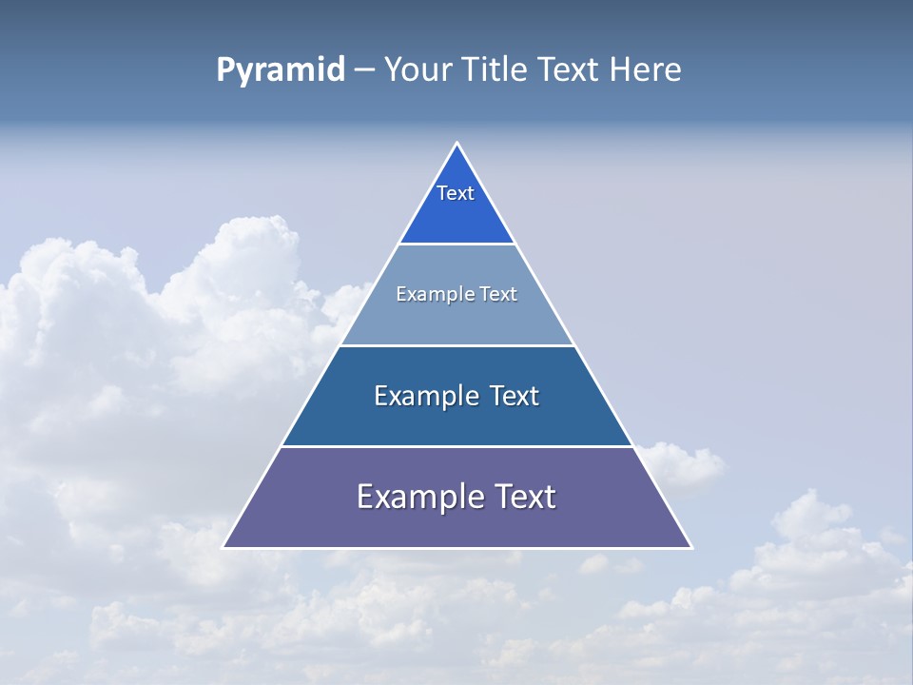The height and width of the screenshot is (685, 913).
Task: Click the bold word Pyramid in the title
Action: pos(281,70)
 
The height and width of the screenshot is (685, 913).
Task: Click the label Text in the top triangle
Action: pos(456,193)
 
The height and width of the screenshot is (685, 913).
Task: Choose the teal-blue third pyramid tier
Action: pos(456,423)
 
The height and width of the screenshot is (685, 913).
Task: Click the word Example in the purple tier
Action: pos(418,498)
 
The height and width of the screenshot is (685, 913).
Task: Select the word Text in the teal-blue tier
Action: pos(514,396)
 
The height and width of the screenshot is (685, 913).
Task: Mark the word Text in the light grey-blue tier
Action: pos(499,294)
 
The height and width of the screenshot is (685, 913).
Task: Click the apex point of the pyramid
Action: pos(456,144)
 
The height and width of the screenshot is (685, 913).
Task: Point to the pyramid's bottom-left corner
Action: pos(223,547)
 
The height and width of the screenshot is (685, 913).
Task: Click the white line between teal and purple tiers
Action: pos(456,446)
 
